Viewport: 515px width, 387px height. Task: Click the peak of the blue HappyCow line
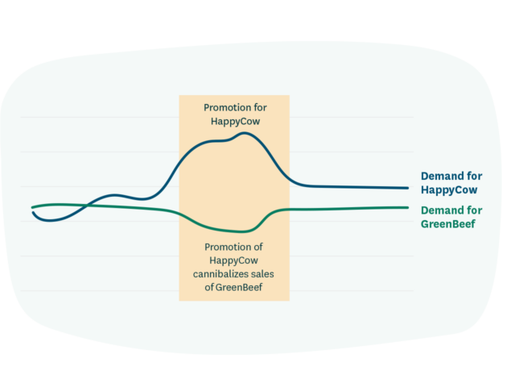tap(244, 133)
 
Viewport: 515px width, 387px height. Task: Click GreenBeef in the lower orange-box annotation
tap(240, 288)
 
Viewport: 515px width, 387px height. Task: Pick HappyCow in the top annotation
tap(234, 121)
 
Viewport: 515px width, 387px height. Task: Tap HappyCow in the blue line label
tap(449, 190)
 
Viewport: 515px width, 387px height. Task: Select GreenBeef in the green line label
tap(448, 223)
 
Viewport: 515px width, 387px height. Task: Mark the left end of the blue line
tap(33, 212)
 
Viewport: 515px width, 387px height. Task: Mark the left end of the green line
tap(33, 207)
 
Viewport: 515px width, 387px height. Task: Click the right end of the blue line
tap(408, 188)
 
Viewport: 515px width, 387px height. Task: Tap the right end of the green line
tap(408, 207)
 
